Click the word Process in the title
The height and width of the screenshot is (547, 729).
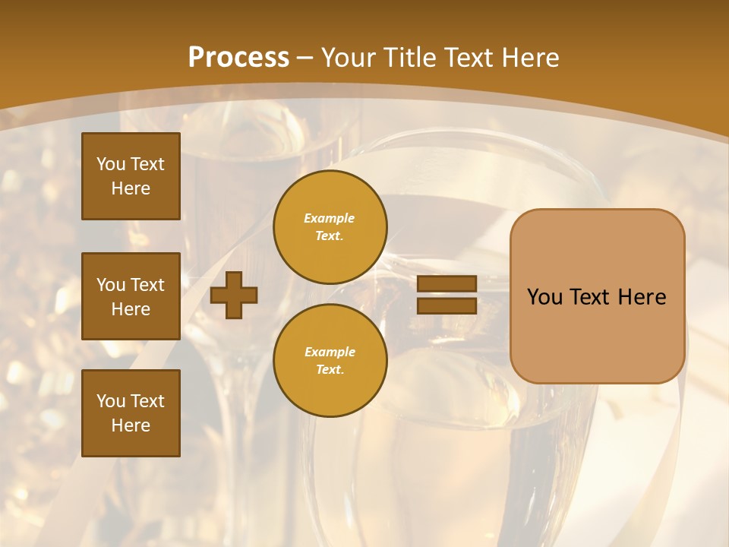(x=238, y=58)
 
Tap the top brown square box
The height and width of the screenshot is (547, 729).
(x=131, y=176)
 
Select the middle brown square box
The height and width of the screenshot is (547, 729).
(x=131, y=296)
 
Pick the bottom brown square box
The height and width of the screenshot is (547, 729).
(x=131, y=413)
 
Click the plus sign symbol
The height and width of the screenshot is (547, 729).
(x=234, y=295)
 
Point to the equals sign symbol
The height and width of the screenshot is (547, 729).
(x=447, y=295)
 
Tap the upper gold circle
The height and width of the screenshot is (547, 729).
(x=330, y=227)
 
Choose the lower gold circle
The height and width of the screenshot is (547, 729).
(x=330, y=361)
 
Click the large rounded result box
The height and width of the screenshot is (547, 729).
(x=597, y=296)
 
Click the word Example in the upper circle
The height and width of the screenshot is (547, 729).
(x=330, y=218)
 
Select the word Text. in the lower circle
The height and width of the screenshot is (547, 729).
(x=330, y=370)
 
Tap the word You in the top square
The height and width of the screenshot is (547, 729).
(x=111, y=164)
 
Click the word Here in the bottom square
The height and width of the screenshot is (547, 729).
(x=131, y=425)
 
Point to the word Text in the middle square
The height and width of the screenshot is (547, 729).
(x=147, y=285)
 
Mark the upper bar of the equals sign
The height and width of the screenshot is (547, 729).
(x=447, y=284)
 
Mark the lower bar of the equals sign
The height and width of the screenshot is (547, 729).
(x=447, y=305)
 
